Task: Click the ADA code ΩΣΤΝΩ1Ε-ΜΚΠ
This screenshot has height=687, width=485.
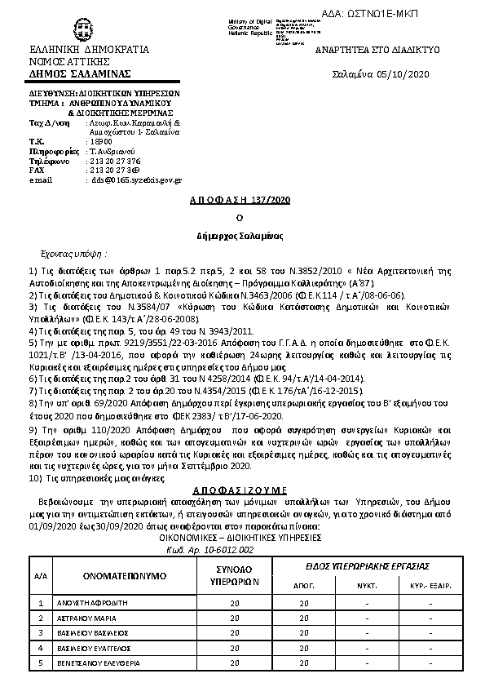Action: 424,14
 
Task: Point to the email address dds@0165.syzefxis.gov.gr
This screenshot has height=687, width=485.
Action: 137,180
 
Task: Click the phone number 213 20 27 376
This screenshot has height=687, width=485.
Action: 114,161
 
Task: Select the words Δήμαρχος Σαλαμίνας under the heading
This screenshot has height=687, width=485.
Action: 240,235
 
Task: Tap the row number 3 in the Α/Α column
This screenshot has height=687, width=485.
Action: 40,633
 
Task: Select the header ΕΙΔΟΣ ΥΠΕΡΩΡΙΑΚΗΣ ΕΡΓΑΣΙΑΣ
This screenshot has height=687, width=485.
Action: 369,565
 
